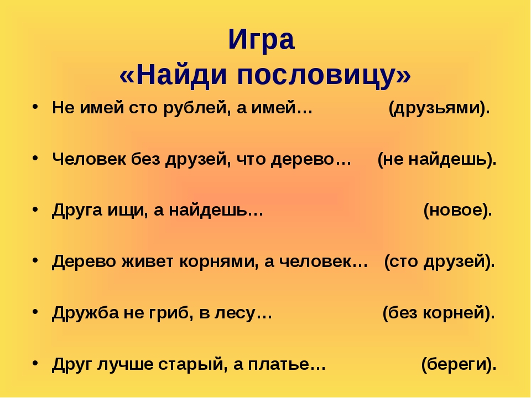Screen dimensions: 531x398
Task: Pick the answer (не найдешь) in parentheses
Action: (x=437, y=159)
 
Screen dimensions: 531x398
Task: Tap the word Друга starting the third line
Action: (x=77, y=211)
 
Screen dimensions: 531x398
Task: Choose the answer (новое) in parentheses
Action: (x=457, y=211)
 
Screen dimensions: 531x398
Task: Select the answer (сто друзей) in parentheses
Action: (x=439, y=261)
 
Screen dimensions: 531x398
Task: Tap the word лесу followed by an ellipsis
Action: (x=235, y=313)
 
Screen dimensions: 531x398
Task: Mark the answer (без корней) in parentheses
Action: (x=439, y=313)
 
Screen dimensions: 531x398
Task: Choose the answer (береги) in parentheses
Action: (x=459, y=364)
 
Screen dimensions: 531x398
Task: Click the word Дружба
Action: (x=85, y=313)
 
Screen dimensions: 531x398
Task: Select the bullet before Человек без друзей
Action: (x=35, y=158)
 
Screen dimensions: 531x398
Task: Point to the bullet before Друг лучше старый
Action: (x=35, y=363)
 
